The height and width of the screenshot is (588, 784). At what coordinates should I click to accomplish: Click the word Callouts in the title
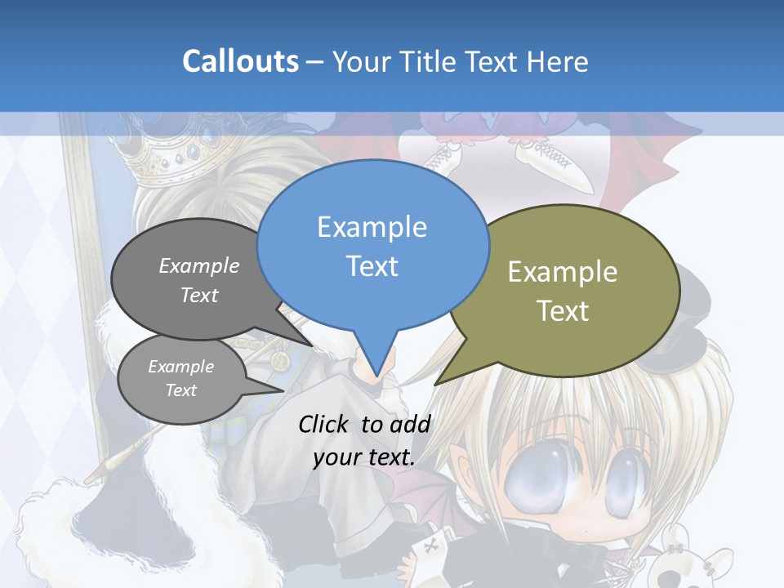[x=240, y=61]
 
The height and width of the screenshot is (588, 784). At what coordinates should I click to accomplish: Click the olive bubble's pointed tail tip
[x=436, y=383]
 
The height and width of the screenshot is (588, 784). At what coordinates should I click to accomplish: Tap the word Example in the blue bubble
[x=372, y=227]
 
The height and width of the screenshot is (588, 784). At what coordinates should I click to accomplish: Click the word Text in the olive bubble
[x=563, y=311]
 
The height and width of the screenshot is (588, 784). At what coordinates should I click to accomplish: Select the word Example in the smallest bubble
[x=180, y=367]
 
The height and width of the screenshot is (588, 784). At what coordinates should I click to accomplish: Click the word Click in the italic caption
[x=325, y=424]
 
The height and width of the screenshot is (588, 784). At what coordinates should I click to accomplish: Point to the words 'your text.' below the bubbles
[x=364, y=457]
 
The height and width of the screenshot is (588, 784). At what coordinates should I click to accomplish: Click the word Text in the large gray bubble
[x=199, y=295]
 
